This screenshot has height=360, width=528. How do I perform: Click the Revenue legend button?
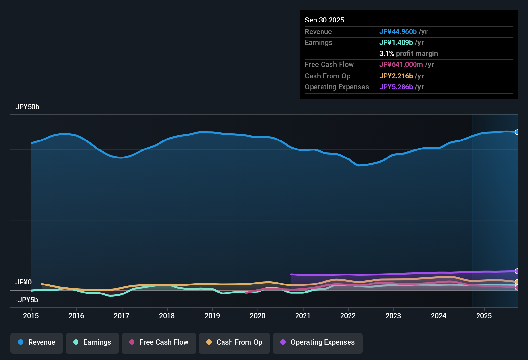coord(37,343)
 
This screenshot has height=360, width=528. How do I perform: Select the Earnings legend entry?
coord(92,343)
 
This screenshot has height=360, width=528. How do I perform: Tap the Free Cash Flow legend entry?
coord(159,343)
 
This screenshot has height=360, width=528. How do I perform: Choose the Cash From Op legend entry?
coord(234,343)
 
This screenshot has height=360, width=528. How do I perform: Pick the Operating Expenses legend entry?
coord(318,343)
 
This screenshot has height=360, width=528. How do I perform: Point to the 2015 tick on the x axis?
coord(31,316)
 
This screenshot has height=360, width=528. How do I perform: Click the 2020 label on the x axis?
coord(258,316)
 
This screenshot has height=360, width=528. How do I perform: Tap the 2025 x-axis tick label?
coord(484,316)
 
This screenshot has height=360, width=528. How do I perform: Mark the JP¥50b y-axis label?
coord(27,107)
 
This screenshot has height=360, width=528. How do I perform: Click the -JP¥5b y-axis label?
coord(27,300)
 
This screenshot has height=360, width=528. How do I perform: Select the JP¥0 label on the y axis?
coord(23,282)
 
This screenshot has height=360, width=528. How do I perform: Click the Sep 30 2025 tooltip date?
coord(324,20)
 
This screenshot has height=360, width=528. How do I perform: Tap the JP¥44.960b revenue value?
coord(398,32)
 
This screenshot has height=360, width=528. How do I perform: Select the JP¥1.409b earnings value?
coord(396,43)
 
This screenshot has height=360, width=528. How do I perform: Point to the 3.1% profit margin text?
coord(408,54)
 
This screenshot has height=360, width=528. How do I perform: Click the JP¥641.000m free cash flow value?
coord(401,65)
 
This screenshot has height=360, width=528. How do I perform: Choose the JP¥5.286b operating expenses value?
coord(396,87)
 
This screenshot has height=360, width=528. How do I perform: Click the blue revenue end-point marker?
coord(517,132)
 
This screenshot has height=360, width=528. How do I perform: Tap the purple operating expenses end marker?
coord(517,271)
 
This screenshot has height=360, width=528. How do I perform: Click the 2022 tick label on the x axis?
coord(348,316)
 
